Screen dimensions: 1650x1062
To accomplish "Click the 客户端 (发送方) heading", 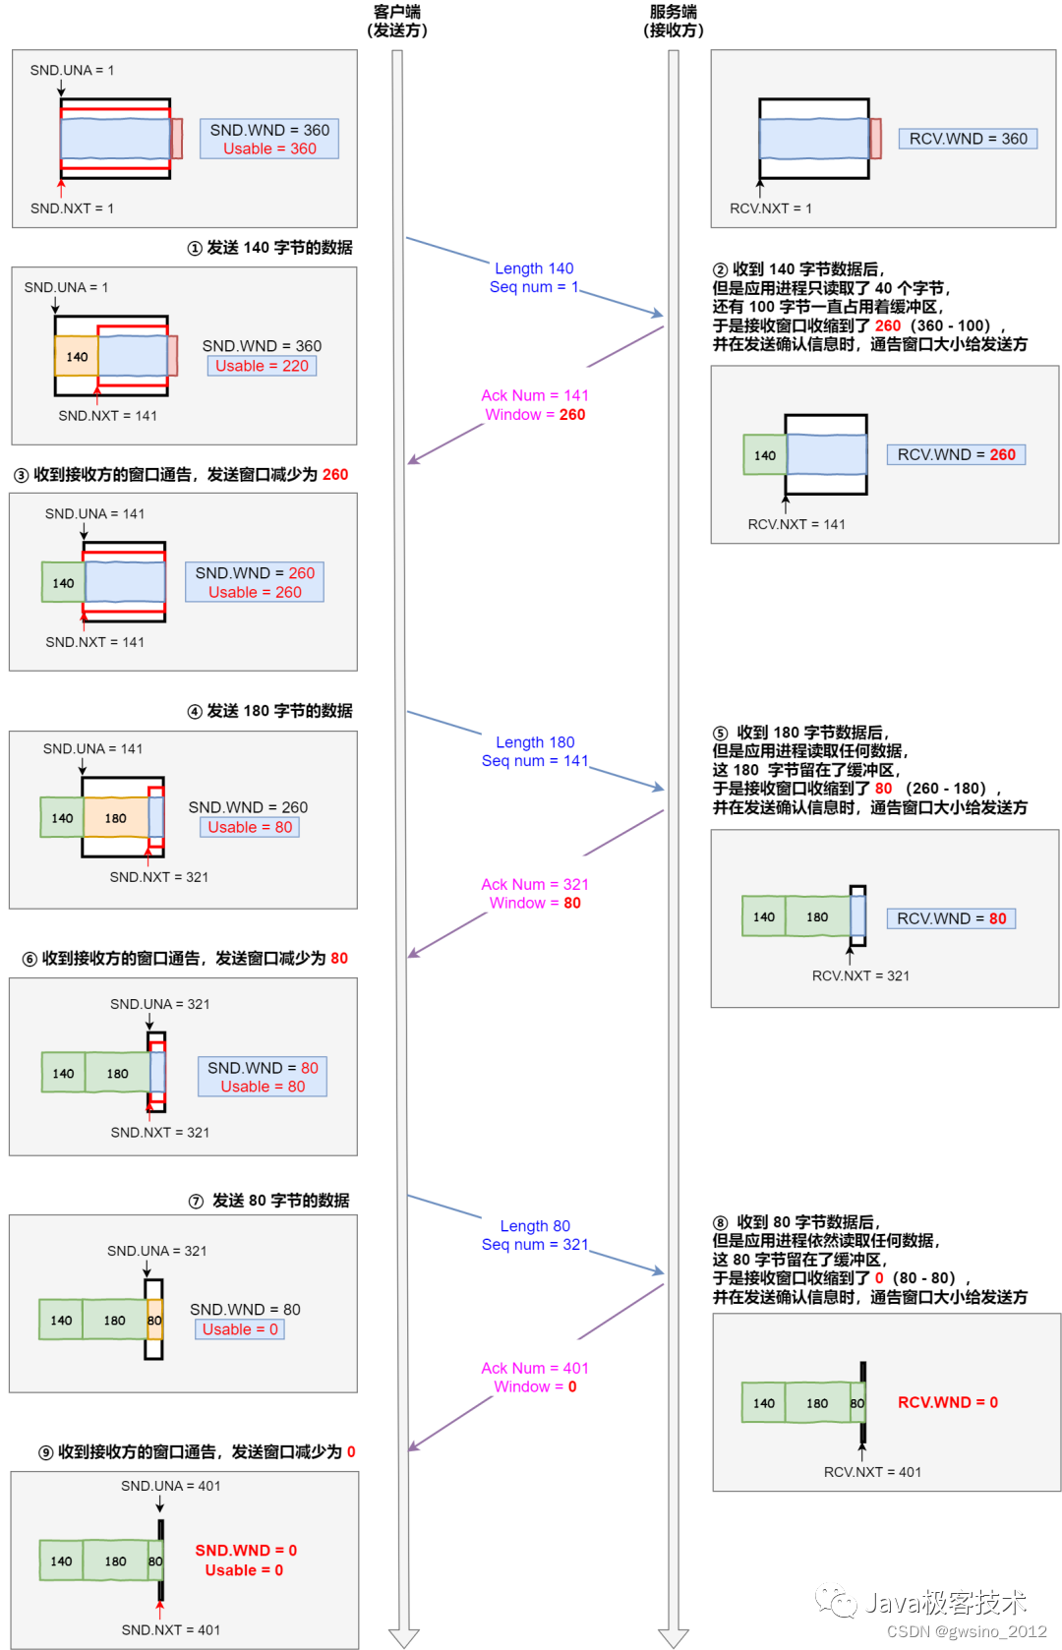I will pos(397,21).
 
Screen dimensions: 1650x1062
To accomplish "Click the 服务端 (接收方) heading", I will pos(674,21).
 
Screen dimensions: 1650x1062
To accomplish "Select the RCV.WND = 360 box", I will pos(968,139).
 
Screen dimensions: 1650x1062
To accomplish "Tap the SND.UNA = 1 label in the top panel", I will pos(72,70).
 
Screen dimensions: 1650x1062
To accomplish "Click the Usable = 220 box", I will pos(262,366).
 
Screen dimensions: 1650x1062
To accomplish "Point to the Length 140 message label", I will pos(534,268).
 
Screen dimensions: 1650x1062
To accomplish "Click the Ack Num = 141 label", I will pos(534,395).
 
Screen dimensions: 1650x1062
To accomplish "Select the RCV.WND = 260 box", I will pos(956,454).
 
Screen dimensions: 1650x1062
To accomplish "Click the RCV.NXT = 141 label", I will pos(796,524).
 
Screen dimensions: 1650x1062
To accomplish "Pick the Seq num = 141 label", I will pos(534,760).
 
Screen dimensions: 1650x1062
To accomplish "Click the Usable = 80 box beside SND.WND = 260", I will pos(250,827).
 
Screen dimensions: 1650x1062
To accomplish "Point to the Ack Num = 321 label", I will pos(534,884).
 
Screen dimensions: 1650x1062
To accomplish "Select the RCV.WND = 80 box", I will pos(951,918).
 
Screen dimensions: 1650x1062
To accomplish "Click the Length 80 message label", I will pos(535,1225).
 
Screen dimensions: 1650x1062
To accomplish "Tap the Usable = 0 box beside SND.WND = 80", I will pos(240,1329).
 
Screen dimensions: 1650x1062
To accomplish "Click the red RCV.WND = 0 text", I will pos(947,1402).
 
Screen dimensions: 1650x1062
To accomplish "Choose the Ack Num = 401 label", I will pos(534,1368).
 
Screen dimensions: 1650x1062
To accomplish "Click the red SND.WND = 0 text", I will pos(246,1550).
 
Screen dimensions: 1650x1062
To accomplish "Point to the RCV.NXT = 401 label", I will pos(872,1472).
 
